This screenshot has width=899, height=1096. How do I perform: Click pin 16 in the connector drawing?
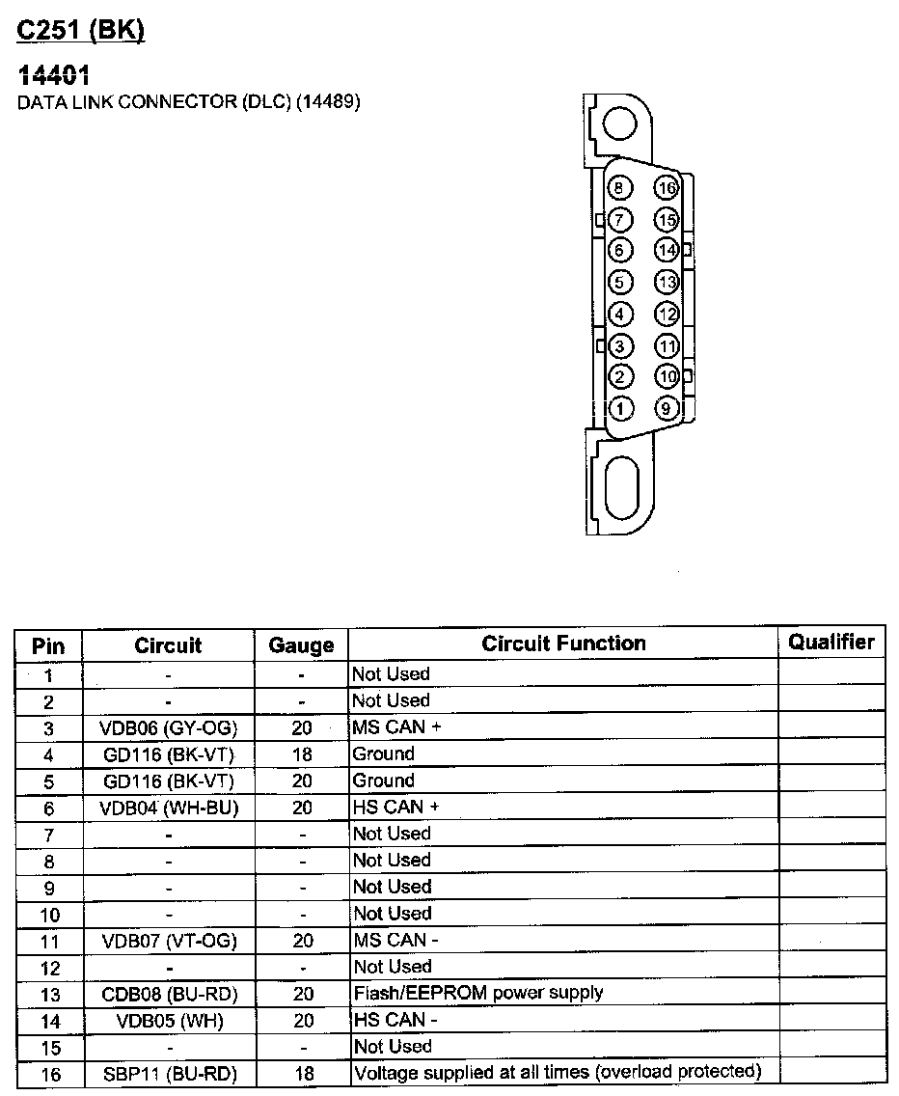point(666,188)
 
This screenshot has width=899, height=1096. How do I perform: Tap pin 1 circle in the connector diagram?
point(621,408)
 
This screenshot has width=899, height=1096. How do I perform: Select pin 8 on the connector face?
point(621,188)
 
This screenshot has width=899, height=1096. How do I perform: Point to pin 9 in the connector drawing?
point(666,408)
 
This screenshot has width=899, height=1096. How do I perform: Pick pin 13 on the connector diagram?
point(666,282)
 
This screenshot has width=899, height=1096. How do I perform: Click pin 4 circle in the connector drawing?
point(621,314)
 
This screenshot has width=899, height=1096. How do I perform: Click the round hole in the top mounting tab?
point(618,123)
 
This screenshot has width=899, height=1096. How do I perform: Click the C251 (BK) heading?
point(80,31)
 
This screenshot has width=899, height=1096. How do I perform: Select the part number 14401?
point(53,75)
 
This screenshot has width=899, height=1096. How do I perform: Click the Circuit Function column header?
point(563,644)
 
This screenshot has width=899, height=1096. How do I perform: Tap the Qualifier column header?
point(831,642)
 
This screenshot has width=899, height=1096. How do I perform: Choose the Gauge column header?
point(301,645)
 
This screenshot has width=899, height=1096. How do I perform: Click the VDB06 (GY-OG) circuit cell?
point(168,727)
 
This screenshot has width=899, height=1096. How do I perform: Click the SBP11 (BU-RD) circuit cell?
point(168,1073)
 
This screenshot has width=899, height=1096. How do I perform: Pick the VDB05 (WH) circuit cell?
point(168,1020)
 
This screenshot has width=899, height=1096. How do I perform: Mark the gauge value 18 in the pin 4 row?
point(302,754)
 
